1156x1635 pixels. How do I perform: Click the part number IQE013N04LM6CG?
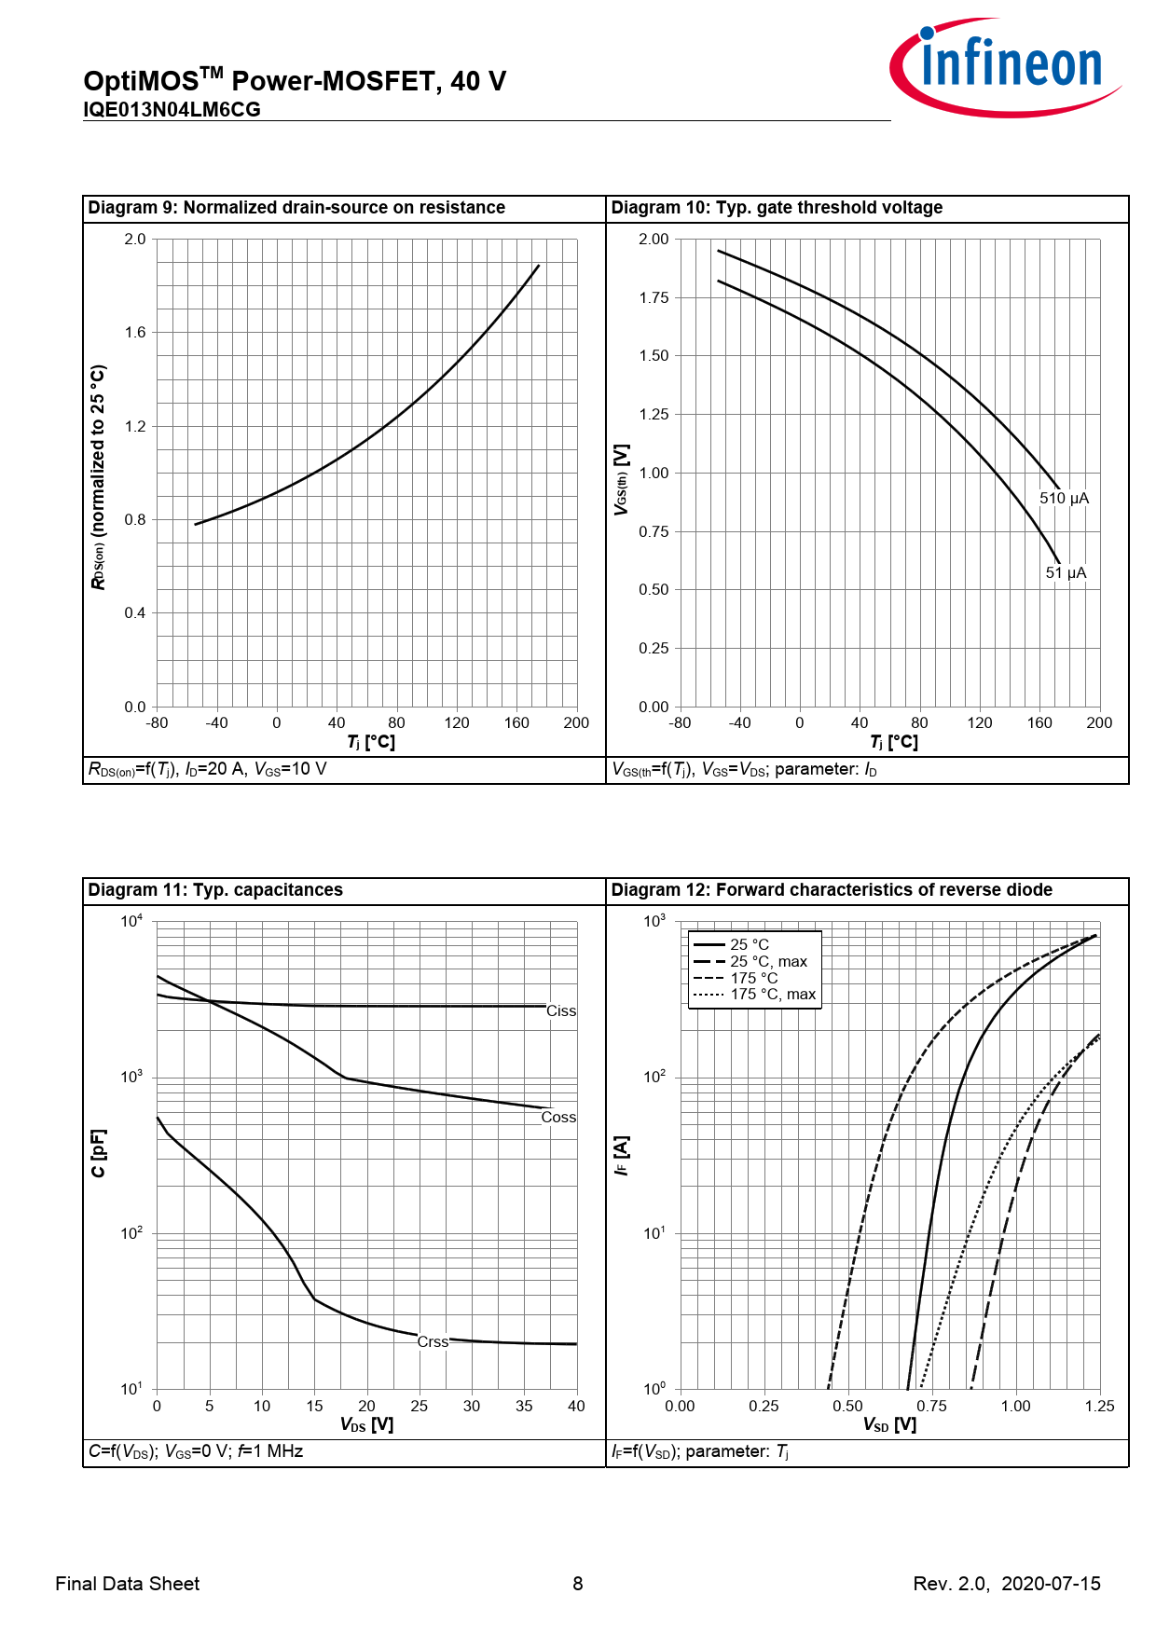click(172, 110)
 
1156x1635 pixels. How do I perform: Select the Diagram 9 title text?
click(296, 208)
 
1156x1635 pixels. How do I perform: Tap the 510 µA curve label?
click(1064, 499)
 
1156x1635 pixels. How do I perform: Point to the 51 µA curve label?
click(1066, 573)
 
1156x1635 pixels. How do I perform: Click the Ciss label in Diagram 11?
click(560, 1011)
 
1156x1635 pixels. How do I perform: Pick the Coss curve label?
click(558, 1118)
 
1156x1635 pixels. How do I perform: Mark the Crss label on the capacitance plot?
click(433, 1342)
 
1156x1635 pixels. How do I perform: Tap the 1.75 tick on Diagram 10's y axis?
click(654, 298)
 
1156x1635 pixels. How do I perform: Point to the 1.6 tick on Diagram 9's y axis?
click(135, 333)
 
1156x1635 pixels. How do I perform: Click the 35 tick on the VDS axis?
click(524, 1407)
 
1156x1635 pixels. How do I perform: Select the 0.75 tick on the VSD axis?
click(931, 1407)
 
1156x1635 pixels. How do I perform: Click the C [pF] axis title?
click(99, 1153)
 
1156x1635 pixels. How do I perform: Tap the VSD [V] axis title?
click(889, 1425)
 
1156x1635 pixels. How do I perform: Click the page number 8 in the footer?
click(578, 1584)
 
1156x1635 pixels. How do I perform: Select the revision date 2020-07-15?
click(1051, 1584)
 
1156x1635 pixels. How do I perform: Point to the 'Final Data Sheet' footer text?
click(128, 1584)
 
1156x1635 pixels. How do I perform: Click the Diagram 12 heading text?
click(832, 890)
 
